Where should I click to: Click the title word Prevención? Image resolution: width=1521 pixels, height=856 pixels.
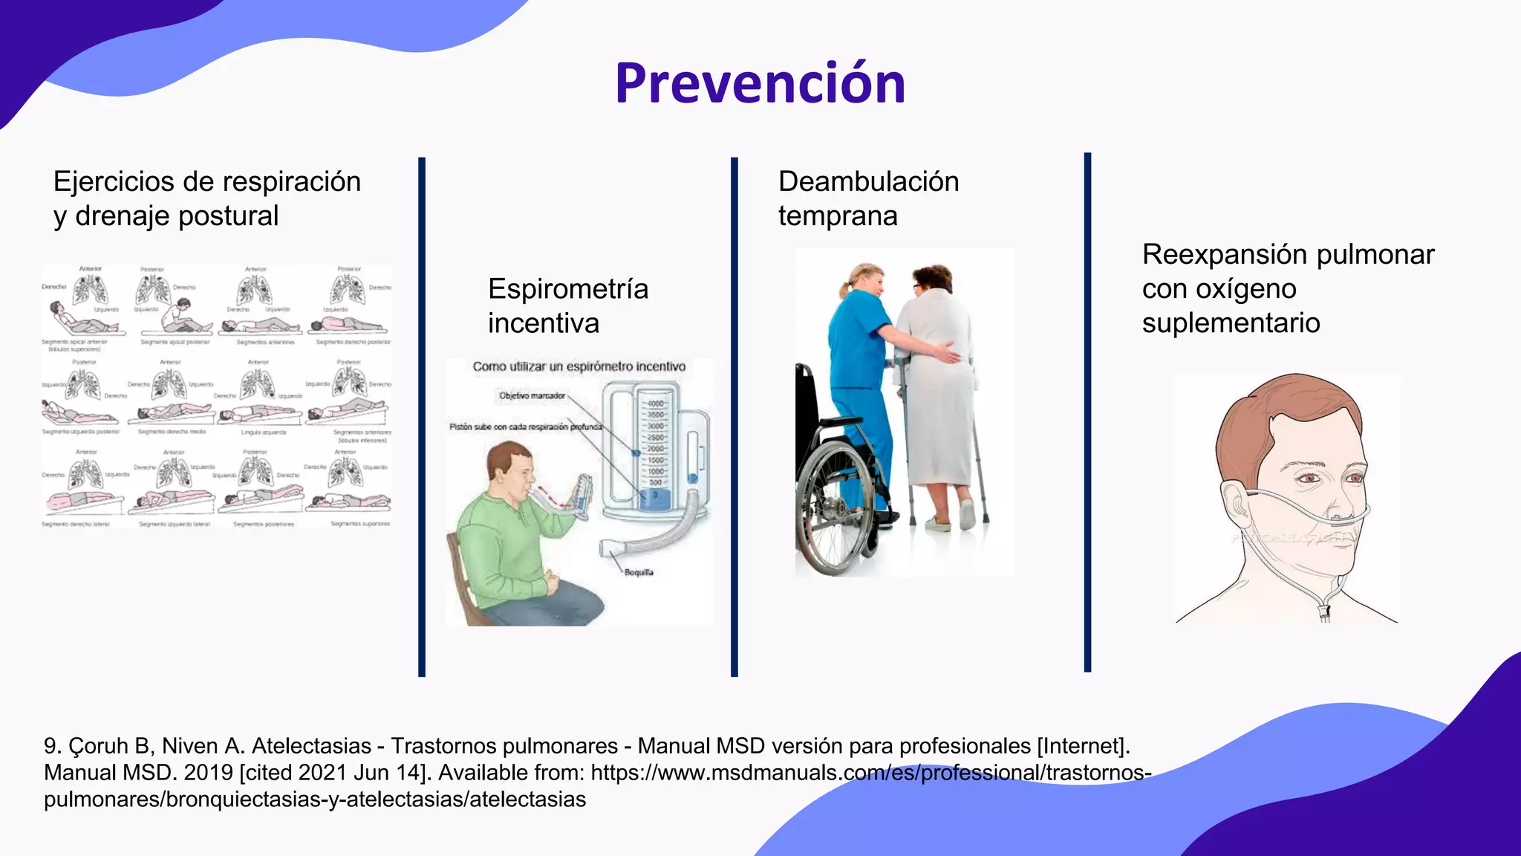coord(760,83)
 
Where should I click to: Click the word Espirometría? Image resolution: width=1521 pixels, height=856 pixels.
coord(568,289)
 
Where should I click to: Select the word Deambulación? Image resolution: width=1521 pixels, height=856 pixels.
coord(868,182)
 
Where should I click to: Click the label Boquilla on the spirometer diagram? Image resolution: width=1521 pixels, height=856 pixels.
coord(638,572)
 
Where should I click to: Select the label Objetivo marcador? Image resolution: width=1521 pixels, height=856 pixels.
coord(532,396)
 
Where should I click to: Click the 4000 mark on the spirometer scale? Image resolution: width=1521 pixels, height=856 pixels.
coord(656,404)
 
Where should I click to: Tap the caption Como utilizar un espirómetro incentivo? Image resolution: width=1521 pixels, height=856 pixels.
coord(579,366)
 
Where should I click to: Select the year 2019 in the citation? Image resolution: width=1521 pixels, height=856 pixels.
coord(208,773)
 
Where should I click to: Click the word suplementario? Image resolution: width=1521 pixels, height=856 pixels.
coord(1231,323)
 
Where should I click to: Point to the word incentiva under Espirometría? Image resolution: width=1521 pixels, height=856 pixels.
coord(543,323)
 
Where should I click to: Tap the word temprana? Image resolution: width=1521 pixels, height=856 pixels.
coord(838,216)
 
